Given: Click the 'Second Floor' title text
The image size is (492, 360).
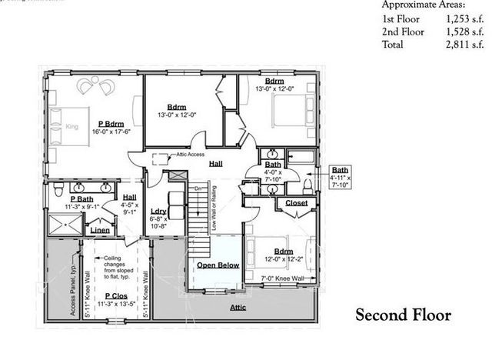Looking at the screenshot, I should click(402, 316).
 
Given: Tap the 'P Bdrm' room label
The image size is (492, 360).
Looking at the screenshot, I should click(112, 124).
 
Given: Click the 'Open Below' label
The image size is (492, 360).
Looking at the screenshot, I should click(218, 265).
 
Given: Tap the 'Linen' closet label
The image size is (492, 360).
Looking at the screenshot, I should click(100, 230).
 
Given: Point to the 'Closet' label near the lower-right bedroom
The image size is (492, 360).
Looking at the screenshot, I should click(296, 203).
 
